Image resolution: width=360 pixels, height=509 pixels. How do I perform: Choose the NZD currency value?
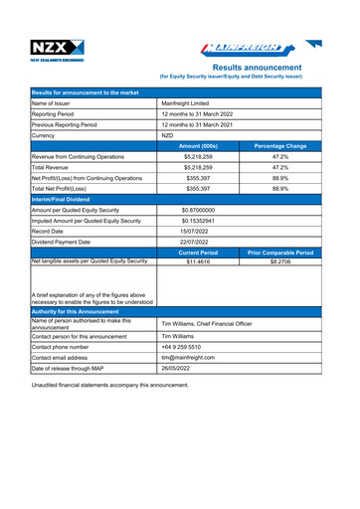coord(168,135)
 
